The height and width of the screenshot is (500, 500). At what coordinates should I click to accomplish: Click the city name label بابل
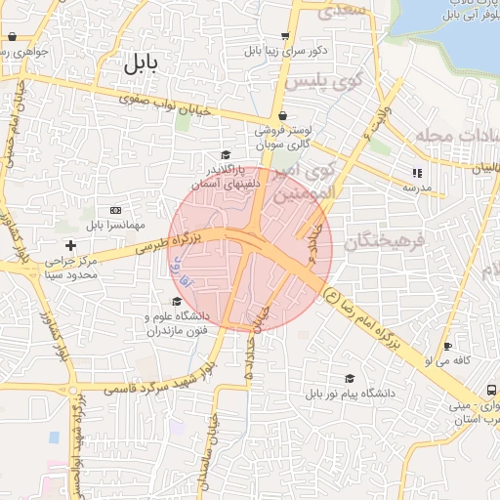coord(142,64)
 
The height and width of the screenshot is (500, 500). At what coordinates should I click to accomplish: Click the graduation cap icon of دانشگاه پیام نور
coord(349,379)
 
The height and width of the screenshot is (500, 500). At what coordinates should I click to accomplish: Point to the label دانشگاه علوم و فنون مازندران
coord(178,324)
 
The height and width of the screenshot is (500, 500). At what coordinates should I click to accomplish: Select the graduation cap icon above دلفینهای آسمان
coord(226,155)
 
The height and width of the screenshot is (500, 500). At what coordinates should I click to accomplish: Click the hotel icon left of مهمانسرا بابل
coord(117,210)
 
